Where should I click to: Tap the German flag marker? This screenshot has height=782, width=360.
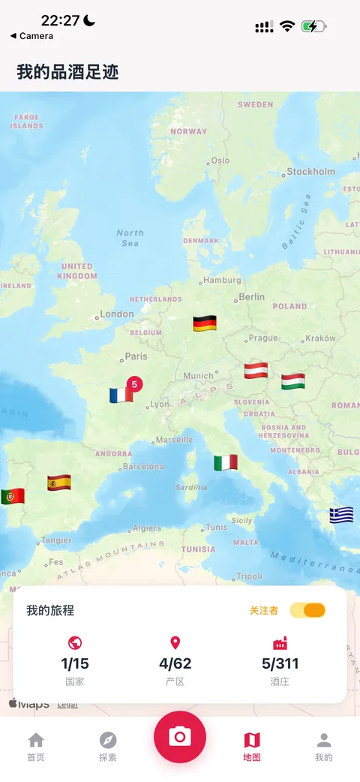[x=205, y=323]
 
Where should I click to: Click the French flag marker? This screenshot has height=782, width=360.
[x=121, y=395]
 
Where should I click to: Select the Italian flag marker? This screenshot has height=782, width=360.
[x=226, y=462]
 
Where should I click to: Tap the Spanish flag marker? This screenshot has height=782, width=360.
[x=59, y=482]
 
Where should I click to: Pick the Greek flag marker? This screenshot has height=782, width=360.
[x=341, y=515]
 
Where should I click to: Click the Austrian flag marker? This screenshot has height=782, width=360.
[x=256, y=371]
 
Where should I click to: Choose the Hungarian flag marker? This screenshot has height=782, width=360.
[x=293, y=381]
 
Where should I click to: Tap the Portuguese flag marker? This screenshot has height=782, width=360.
[x=13, y=496]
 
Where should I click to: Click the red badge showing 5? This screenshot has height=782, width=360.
[x=135, y=384]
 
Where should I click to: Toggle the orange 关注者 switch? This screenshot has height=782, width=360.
[x=307, y=610]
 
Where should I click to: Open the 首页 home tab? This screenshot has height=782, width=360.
[x=36, y=747]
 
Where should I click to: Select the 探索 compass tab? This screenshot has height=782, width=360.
[x=108, y=747]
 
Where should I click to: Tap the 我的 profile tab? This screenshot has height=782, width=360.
[x=324, y=747]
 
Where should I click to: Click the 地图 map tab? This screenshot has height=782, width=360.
[x=252, y=747]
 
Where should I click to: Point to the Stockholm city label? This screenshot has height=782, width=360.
[x=311, y=172]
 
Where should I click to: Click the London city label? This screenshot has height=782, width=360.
[x=117, y=314]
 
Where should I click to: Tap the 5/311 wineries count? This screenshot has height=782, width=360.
[x=280, y=663]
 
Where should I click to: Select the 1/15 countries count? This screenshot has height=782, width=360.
[x=75, y=663]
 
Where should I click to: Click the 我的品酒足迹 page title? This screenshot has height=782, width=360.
[x=67, y=72]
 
